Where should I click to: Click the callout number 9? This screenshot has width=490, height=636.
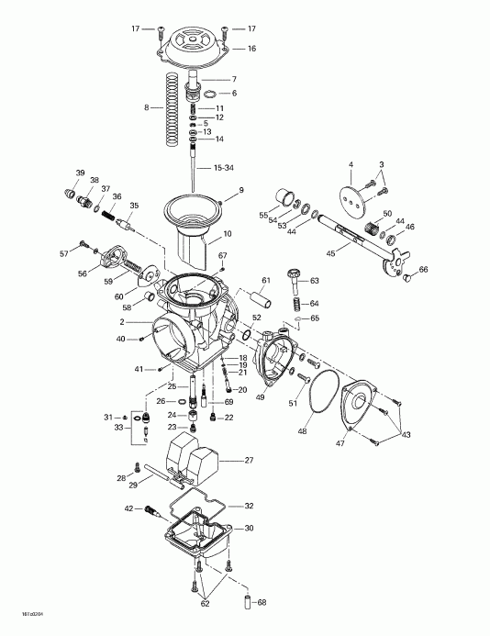click(240, 190)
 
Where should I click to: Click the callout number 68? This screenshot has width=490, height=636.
click(262, 602)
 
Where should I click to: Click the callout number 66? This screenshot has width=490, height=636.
click(422, 269)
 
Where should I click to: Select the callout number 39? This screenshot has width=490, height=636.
click(81, 173)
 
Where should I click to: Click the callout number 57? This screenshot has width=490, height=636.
click(63, 252)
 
